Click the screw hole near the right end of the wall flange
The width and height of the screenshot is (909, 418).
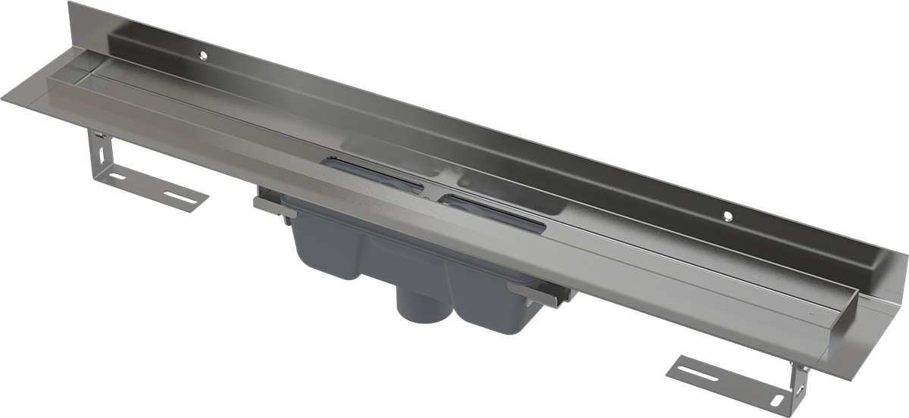pyautogui.click(x=728, y=215)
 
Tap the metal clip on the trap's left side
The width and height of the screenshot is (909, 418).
pyautogui.click(x=273, y=206)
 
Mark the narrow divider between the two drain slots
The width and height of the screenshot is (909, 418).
pyautogui.click(x=433, y=191)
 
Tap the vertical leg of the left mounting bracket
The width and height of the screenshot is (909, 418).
pyautogui.click(x=95, y=151)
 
